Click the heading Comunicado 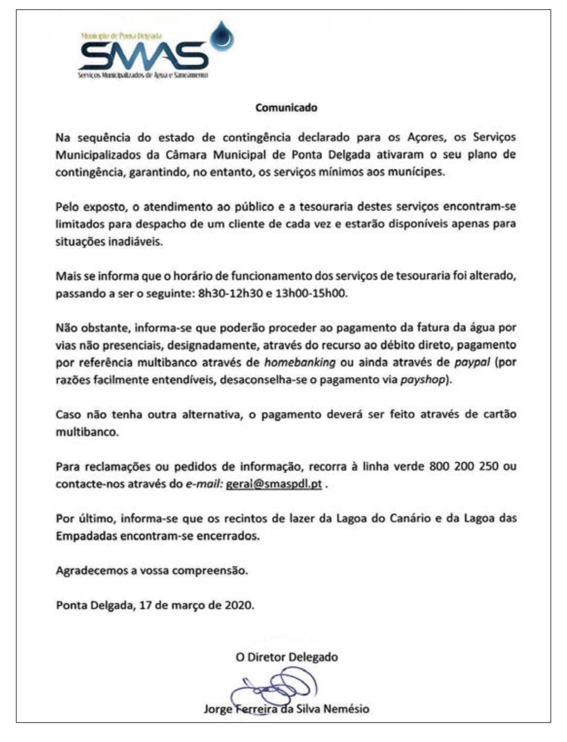point(286,108)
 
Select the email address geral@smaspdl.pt point(274,484)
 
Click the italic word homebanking point(300,362)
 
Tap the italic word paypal point(472,362)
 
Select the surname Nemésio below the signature point(345,709)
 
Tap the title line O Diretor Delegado point(287,657)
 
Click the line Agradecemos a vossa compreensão point(152,571)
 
